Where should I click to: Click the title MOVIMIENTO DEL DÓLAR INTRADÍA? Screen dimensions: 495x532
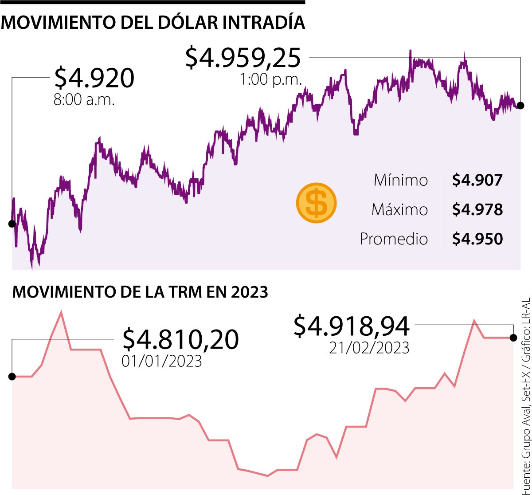(153, 23)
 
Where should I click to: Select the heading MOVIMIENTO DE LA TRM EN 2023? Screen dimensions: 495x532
(141, 292)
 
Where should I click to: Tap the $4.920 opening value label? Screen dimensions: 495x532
(94, 78)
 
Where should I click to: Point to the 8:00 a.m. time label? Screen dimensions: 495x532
(84, 100)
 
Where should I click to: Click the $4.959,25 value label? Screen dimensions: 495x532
(243, 58)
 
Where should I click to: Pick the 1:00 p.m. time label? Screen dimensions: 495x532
(271, 80)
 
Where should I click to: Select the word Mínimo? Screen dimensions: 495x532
(401, 180)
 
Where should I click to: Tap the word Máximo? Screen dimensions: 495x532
(399, 209)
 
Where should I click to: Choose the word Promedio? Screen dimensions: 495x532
(394, 239)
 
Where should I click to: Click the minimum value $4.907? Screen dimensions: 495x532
(477, 180)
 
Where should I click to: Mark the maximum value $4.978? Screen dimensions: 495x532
(477, 209)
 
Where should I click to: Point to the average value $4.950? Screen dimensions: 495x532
(477, 239)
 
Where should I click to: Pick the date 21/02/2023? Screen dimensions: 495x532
(369, 348)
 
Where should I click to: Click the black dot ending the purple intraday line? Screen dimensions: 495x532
(520, 106)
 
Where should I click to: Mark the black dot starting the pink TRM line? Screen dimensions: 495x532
(12, 377)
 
